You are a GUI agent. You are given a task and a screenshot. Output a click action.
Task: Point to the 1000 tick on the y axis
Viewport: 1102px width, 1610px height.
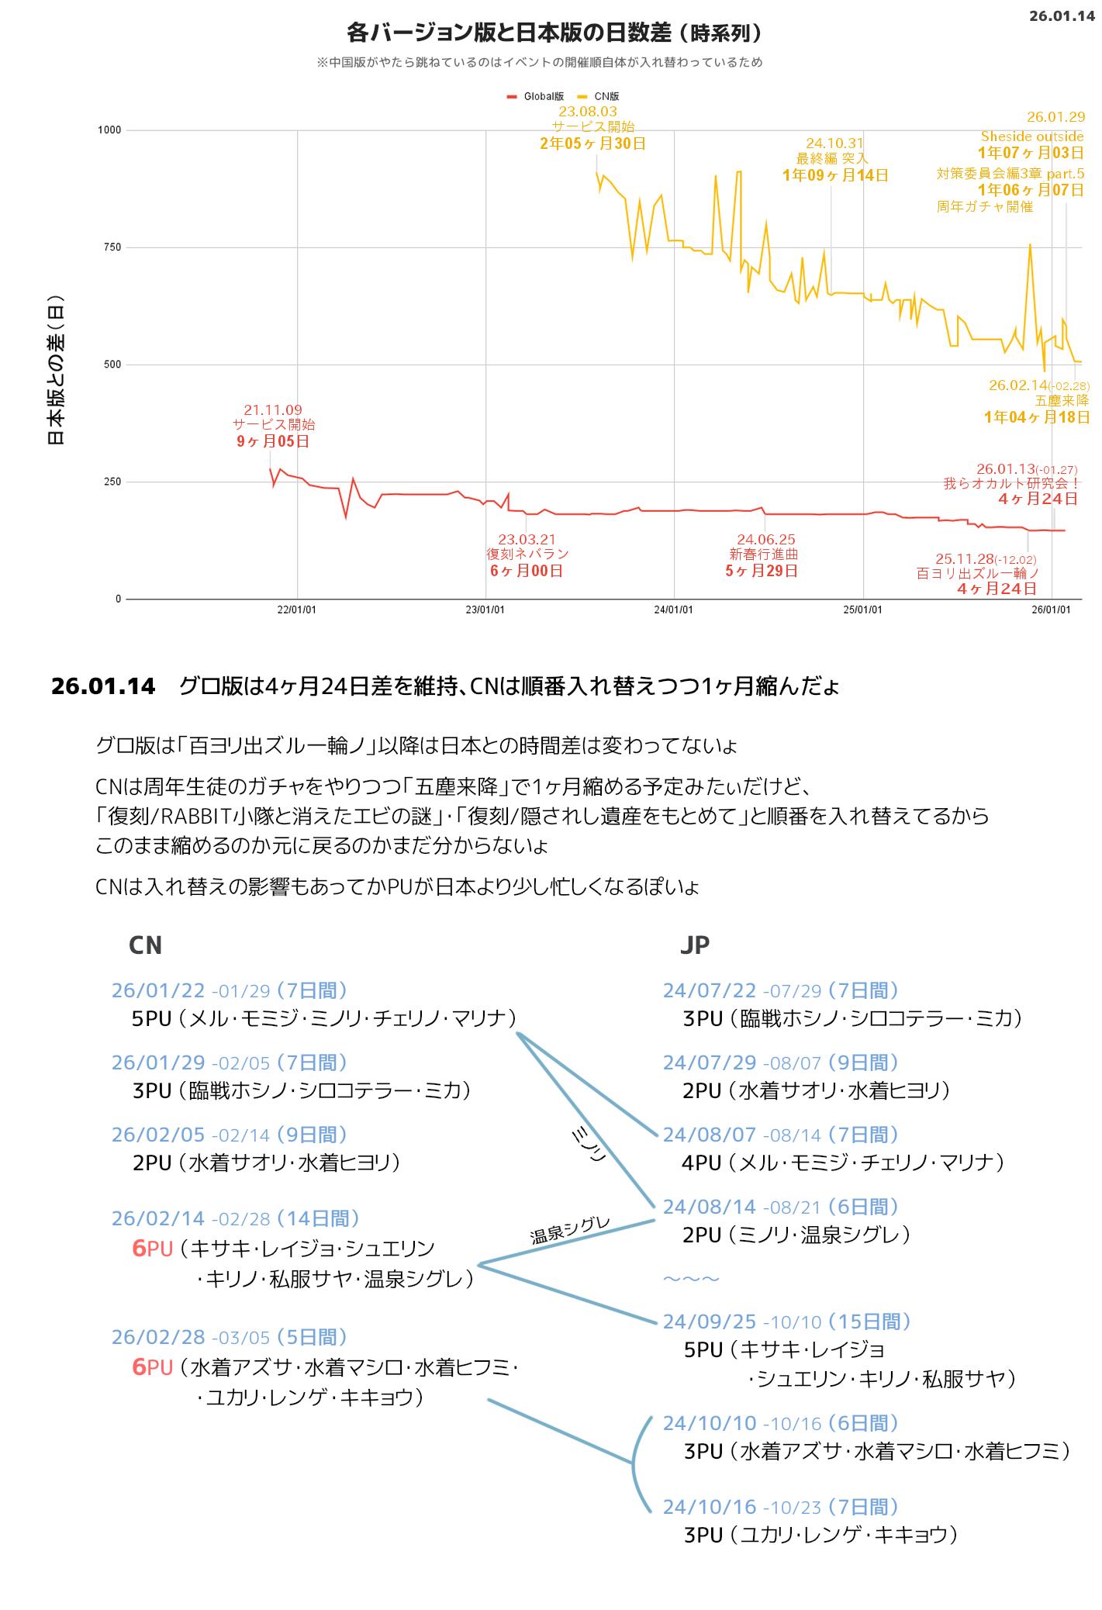109,130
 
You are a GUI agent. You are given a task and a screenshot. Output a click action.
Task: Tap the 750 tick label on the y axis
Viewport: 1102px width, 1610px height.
112,247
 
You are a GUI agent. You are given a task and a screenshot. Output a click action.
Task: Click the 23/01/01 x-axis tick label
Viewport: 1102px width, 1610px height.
485,610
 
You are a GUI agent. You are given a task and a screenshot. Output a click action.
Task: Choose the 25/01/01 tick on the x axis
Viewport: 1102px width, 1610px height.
862,610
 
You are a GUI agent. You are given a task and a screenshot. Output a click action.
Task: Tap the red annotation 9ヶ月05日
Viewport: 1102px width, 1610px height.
273,442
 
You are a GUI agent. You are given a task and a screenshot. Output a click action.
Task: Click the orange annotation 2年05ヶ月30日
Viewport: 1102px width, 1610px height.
592,143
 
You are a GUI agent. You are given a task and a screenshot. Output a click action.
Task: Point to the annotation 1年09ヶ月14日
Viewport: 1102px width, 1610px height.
834,175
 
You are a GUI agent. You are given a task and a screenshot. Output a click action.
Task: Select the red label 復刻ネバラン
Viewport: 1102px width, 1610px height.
527,555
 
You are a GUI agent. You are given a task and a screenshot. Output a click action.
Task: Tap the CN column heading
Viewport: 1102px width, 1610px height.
145,945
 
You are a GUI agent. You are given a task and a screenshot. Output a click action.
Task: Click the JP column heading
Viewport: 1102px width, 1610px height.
694,945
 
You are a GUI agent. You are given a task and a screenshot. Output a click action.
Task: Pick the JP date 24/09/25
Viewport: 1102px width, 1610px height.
709,1322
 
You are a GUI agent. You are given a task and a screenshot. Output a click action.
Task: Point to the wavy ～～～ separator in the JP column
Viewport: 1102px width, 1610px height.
691,1278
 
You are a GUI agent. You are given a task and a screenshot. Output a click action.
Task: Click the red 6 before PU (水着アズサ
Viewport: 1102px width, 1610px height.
140,1367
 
